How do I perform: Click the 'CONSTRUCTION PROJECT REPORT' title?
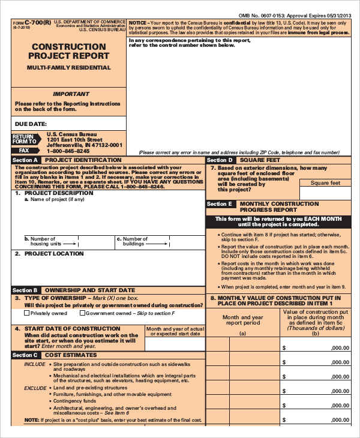pyautogui.click(x=68, y=52)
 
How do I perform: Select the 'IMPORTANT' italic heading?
pyautogui.click(x=71, y=94)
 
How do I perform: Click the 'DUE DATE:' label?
pyautogui.click(x=31, y=124)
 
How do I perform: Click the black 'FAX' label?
pyautogui.click(x=25, y=151)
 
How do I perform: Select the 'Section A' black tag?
pyautogui.click(x=25, y=160)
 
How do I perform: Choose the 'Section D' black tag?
pyautogui.click(x=220, y=160)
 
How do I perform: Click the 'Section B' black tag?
pyautogui.click(x=25, y=290)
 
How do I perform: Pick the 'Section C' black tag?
pyautogui.click(x=25, y=355)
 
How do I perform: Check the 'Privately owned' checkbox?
pyautogui.click(x=27, y=313)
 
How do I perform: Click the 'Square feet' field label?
pyautogui.click(x=325, y=183)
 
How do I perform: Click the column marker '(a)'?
pyautogui.click(x=242, y=333)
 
